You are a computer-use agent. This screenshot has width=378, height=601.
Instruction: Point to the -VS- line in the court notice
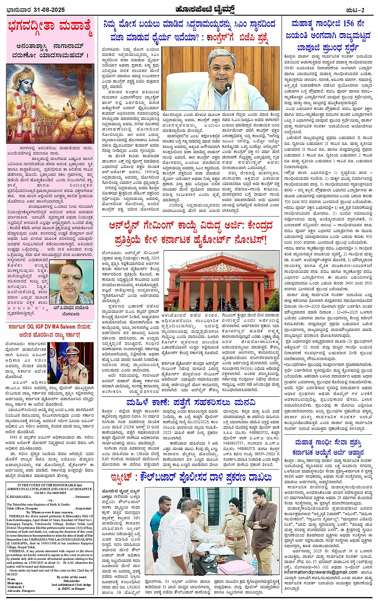[50, 500]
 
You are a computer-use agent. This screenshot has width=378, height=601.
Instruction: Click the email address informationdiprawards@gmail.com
[315, 572]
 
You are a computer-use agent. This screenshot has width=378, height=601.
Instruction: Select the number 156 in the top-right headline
[345, 24]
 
